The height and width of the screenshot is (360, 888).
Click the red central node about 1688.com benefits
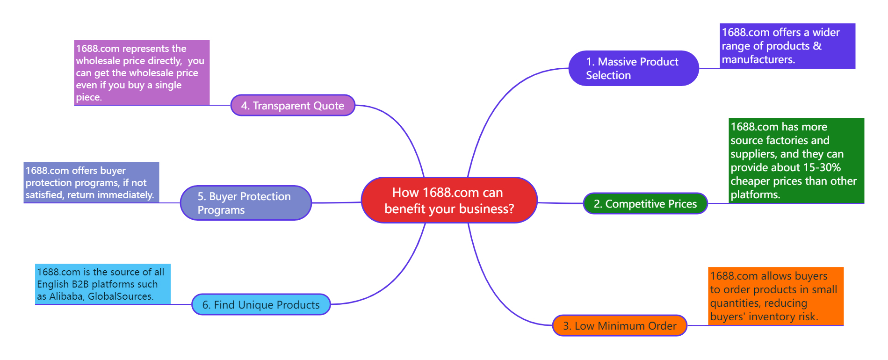[x=449, y=200]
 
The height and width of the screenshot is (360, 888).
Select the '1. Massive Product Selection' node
[x=634, y=68]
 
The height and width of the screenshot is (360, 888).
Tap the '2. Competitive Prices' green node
[x=645, y=203]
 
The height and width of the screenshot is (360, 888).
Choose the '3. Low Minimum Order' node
[x=620, y=325]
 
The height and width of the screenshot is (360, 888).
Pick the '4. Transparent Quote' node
[x=293, y=105]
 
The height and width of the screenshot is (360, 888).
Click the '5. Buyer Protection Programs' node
[x=246, y=203]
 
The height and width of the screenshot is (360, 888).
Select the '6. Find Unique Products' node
[x=261, y=304]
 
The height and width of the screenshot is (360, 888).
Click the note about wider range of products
[x=787, y=46]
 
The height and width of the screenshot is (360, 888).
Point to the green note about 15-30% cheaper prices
[x=796, y=160]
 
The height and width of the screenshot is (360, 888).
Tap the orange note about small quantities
[x=776, y=296]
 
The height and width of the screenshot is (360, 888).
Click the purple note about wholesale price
[x=142, y=72]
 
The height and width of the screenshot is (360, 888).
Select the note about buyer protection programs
[x=91, y=182]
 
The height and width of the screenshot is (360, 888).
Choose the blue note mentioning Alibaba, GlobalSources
[x=103, y=284]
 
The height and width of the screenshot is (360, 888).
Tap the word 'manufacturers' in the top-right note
[x=757, y=59]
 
